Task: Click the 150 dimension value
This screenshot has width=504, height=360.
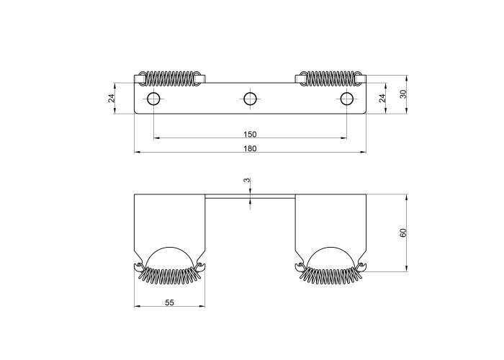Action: tap(250, 134)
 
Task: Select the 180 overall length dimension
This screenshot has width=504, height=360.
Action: tap(250, 148)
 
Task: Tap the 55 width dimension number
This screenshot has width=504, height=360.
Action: tap(169, 302)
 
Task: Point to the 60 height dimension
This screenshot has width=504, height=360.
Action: tap(403, 233)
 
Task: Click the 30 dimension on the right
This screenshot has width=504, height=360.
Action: tap(403, 94)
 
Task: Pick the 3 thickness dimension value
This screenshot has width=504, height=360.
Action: tap(246, 180)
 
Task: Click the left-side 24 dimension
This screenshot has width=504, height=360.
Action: tap(111, 98)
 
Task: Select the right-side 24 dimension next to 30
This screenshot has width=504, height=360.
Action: tap(382, 98)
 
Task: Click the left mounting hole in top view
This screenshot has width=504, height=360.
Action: tap(153, 99)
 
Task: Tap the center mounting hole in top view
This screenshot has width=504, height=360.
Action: tap(250, 99)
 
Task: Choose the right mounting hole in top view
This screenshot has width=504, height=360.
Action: tap(347, 99)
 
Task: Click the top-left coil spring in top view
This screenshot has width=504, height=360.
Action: tap(170, 78)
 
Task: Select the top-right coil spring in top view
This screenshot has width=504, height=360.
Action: tap(330, 78)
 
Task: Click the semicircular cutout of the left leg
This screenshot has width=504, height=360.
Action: tap(169, 248)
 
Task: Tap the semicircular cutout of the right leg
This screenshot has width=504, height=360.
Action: tap(330, 248)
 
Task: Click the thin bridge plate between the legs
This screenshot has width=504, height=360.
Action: tap(250, 196)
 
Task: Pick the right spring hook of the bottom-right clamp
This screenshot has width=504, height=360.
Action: tap(361, 266)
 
